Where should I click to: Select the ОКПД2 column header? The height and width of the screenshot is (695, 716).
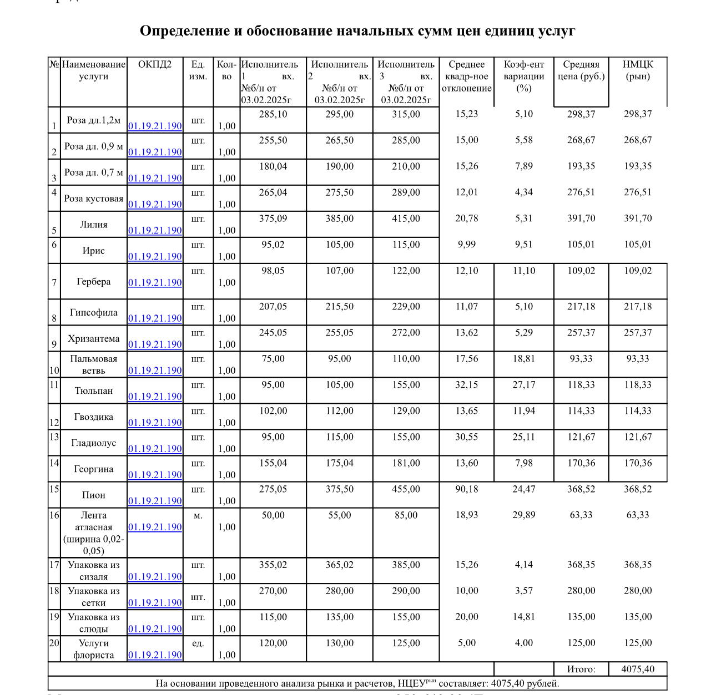point(155,64)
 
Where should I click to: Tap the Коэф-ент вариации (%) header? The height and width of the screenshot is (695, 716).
point(523,76)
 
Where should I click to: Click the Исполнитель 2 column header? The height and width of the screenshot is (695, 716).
point(339,64)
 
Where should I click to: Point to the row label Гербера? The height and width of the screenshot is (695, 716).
point(93,282)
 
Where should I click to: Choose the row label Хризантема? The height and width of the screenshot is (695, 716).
point(93,338)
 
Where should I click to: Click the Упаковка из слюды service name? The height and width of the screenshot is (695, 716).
point(93,623)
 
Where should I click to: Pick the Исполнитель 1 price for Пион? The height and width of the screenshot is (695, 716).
point(273,489)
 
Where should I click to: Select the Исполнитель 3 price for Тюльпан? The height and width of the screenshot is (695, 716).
point(406,385)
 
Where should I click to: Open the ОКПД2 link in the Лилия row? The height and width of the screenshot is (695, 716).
point(155,230)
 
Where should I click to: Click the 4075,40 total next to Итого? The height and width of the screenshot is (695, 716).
point(638,669)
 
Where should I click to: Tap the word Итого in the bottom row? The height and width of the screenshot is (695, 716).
point(581,669)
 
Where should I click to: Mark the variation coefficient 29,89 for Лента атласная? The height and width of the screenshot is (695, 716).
point(523,515)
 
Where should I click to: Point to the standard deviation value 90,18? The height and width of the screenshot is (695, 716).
point(466,489)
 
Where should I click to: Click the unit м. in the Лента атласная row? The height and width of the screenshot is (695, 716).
point(198,516)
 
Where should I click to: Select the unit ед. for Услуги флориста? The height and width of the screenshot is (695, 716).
point(198,643)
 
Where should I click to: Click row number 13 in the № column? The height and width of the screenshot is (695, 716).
point(54,437)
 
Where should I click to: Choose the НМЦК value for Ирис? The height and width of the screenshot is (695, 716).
point(638,245)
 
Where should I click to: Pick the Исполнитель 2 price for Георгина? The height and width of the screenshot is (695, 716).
point(339,463)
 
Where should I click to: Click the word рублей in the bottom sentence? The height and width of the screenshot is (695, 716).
point(541,683)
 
